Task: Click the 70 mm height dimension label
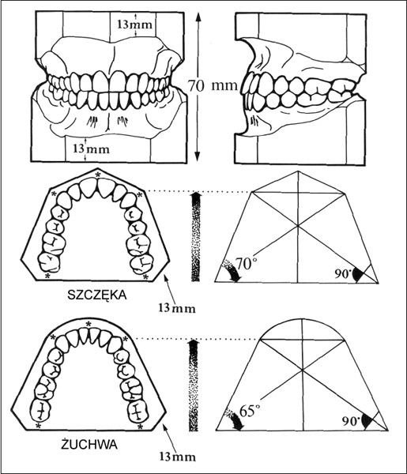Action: pyautogui.click(x=213, y=85)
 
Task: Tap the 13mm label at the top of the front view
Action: pyautogui.click(x=134, y=24)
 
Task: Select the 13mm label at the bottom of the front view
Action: pyautogui.click(x=91, y=149)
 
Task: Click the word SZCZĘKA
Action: pyautogui.click(x=96, y=295)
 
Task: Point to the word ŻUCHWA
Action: pyautogui.click(x=89, y=444)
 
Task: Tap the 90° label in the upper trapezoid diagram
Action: pyautogui.click(x=341, y=273)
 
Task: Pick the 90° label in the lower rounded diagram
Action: pyautogui.click(x=350, y=420)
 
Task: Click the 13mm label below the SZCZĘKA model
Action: pyautogui.click(x=177, y=308)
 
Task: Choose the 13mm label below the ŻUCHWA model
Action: pyautogui.click(x=178, y=457)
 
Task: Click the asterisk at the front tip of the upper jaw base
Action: pyautogui.click(x=97, y=174)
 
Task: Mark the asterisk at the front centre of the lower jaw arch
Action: pyautogui.click(x=89, y=324)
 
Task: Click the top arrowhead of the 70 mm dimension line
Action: pyautogui.click(x=198, y=17)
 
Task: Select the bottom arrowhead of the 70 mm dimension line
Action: pyautogui.click(x=198, y=156)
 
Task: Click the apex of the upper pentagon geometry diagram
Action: pyautogui.click(x=299, y=171)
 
